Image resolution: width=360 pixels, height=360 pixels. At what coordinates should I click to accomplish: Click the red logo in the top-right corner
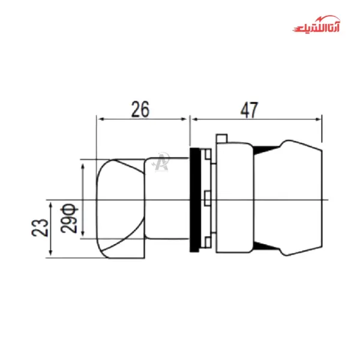[316, 28]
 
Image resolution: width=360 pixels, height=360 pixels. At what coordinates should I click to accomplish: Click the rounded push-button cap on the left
[120, 208]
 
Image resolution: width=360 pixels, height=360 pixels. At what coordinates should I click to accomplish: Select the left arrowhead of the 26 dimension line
[100, 119]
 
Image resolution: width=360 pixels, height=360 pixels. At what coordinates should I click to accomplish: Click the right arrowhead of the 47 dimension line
[319, 119]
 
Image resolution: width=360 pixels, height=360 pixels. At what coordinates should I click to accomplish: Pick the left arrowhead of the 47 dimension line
[193, 119]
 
